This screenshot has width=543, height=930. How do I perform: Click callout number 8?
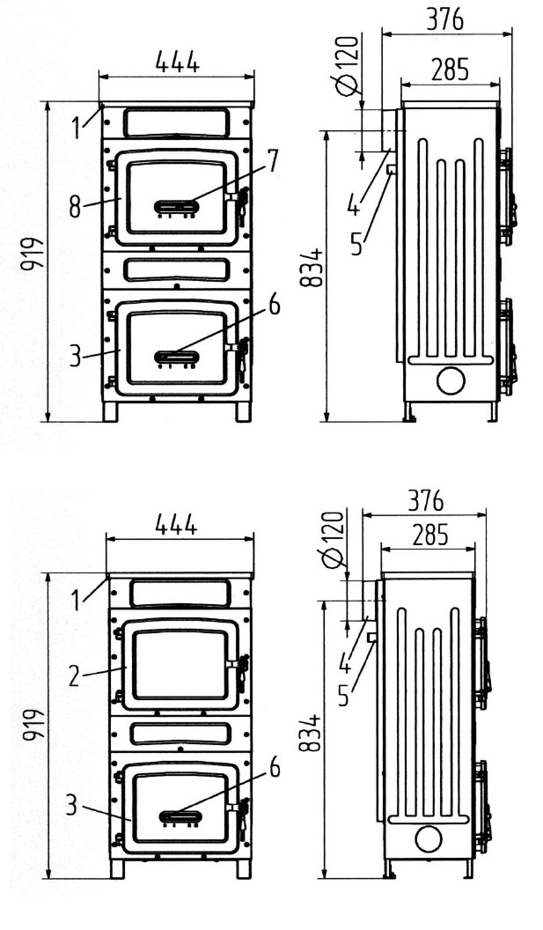click(x=75, y=207)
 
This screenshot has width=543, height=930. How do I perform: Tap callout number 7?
click(x=273, y=160)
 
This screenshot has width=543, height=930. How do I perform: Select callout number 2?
click(x=74, y=676)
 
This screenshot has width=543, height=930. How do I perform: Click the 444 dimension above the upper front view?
click(x=177, y=62)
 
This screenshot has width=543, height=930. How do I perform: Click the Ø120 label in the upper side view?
click(x=348, y=66)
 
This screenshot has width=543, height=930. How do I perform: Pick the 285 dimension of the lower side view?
click(x=429, y=535)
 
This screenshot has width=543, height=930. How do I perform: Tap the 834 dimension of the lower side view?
click(x=310, y=733)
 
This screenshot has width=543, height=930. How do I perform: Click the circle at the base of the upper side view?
click(x=451, y=380)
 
